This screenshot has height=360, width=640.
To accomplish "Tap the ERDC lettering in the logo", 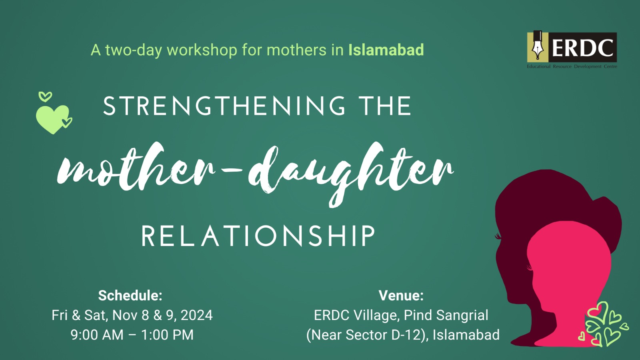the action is (582, 48).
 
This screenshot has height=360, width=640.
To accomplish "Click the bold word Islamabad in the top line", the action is (386, 50).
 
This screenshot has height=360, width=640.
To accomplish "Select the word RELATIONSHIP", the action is (258, 236).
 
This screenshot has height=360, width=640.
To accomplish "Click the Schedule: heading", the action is (130, 296).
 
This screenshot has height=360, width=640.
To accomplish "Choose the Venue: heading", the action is (401, 296).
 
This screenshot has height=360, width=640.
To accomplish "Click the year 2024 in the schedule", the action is (196, 315).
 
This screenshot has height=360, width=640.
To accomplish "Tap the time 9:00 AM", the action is (97, 335).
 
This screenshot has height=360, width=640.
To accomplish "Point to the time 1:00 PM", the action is (167, 335).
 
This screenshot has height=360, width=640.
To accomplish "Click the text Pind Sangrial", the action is (446, 315).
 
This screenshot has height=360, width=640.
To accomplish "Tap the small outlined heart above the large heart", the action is (45, 96).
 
